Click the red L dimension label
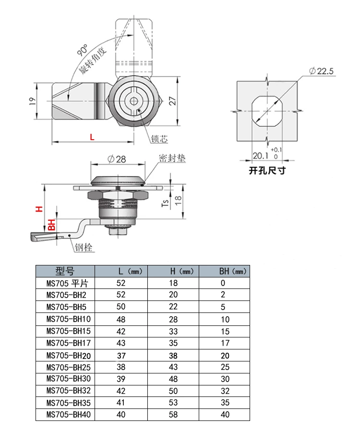click(x=92, y=137)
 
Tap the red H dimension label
click(x=40, y=209)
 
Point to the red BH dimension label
click(x=52, y=225)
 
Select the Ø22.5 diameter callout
click(x=321, y=72)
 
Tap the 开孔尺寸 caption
click(x=267, y=170)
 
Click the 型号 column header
click(x=65, y=271)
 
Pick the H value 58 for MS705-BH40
click(x=173, y=415)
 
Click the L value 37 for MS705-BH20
click(x=121, y=355)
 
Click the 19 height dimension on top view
click(x=32, y=101)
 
